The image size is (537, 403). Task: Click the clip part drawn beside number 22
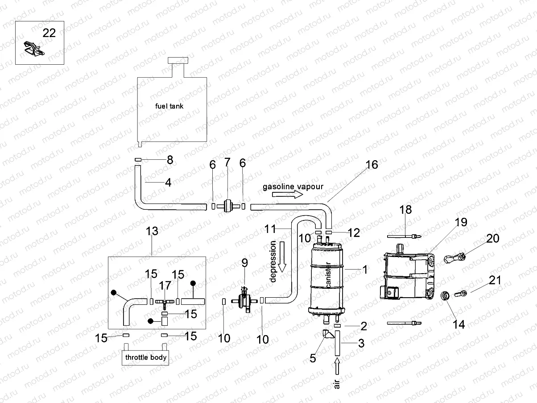(33, 48)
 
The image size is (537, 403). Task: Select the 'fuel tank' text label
(169, 106)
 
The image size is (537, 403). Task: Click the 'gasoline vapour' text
(293, 186)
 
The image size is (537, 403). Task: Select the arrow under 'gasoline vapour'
(288, 195)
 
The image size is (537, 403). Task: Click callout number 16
(372, 165)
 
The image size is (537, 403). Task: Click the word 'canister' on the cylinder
(328, 275)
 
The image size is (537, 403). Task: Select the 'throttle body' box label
(146, 357)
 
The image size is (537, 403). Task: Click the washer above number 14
(445, 295)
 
